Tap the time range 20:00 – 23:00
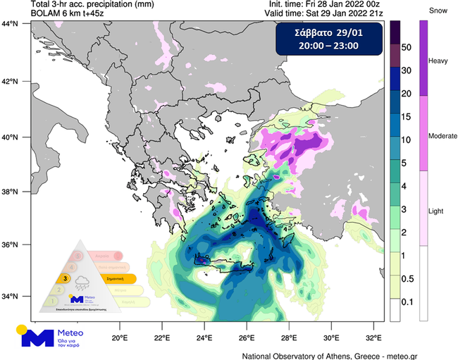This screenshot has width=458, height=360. tap(328, 46)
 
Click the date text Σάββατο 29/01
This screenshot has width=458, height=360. tap(328, 32)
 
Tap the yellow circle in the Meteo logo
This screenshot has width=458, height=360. tap(23, 329)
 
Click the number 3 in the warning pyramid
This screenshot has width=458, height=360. tap(66, 278)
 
